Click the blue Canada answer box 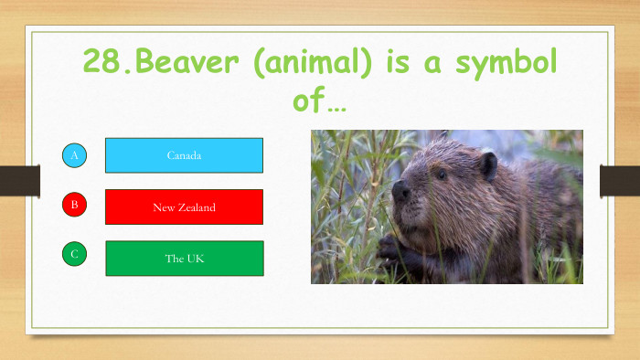[184, 155]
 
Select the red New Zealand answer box [184, 207]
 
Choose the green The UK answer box [184, 259]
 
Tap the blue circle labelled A [75, 155]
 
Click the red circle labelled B [75, 205]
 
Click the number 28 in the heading [102, 61]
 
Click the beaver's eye [442, 174]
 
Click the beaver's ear [488, 165]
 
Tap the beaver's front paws [391, 247]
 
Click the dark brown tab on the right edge [620, 180]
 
